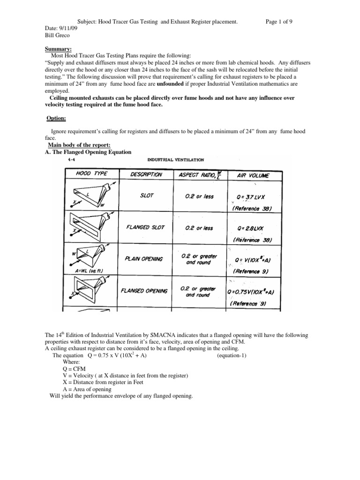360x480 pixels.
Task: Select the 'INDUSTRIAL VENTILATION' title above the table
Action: pos(176,159)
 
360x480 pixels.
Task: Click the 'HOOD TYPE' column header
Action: pos(91,174)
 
